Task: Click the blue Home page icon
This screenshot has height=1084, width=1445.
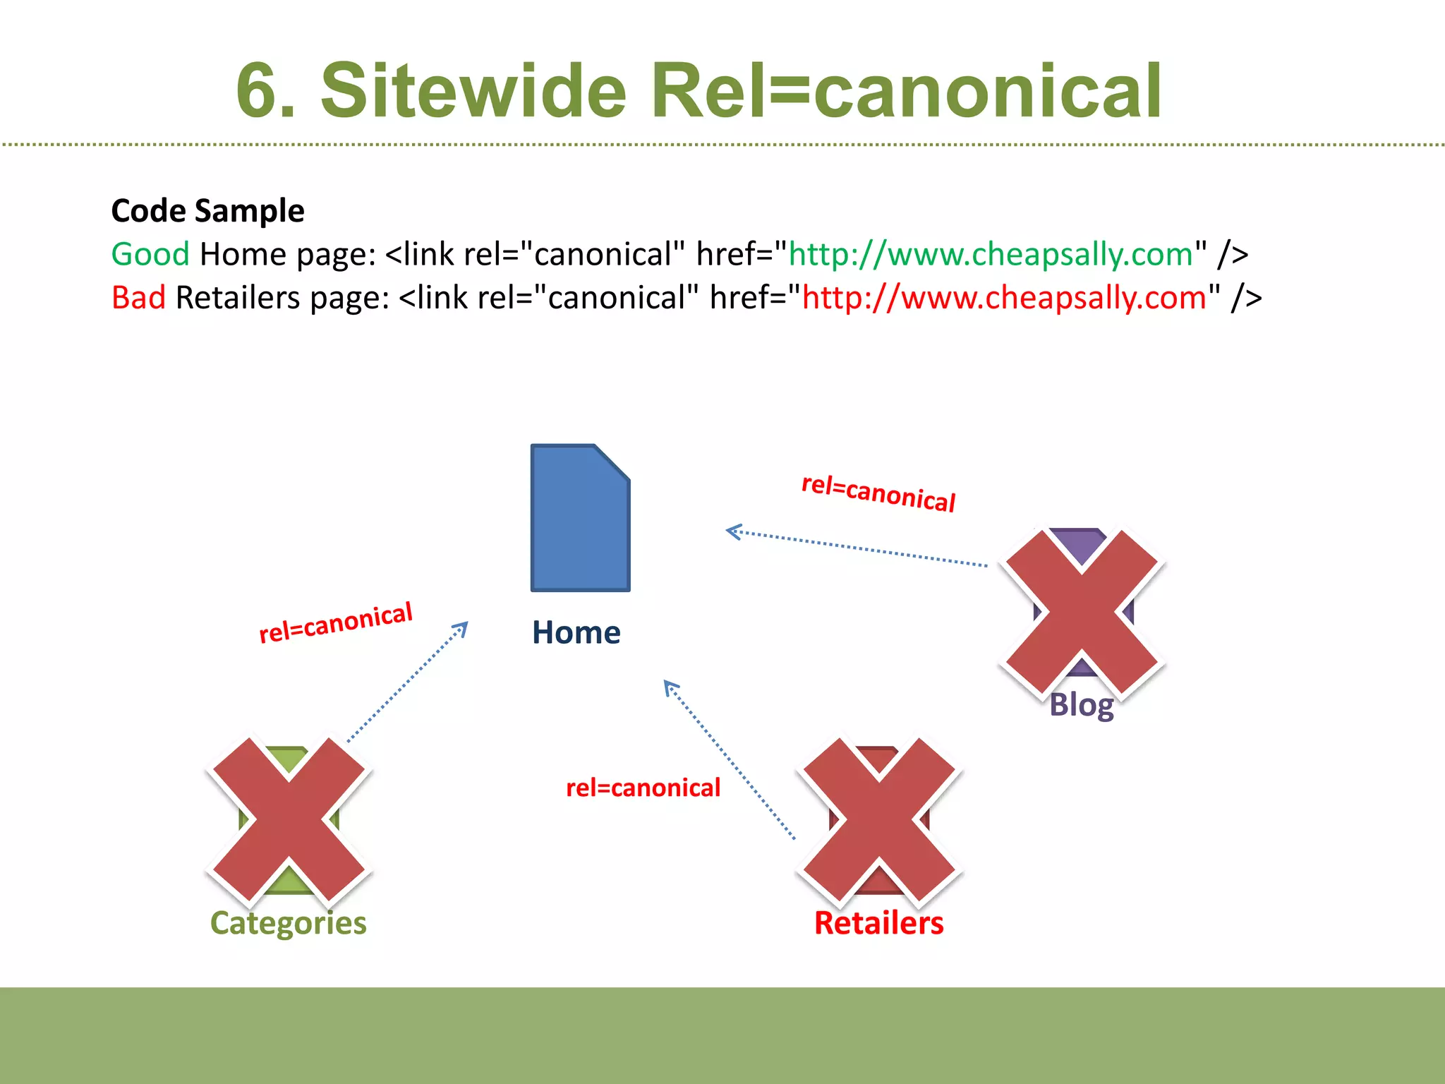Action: [x=580, y=519]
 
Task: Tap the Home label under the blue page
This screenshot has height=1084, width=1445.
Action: [x=576, y=632]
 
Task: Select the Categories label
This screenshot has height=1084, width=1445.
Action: [x=288, y=923]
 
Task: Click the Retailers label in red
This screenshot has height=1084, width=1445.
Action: [x=878, y=923]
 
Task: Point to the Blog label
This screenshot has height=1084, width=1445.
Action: [x=1081, y=705]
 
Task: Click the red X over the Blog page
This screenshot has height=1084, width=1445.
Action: [x=1082, y=611]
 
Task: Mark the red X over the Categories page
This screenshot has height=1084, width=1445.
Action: [x=289, y=821]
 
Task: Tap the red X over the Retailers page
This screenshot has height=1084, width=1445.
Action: [x=879, y=821]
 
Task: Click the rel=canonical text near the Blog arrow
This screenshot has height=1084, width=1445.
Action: [x=878, y=493]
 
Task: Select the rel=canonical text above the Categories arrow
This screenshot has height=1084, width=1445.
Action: [x=336, y=623]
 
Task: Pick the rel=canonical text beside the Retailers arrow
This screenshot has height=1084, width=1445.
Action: [x=643, y=788]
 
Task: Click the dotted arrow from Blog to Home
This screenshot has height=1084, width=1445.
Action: [x=857, y=548]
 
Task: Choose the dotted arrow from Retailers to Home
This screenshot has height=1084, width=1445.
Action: [x=730, y=760]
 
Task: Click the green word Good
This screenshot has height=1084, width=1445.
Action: [x=150, y=254]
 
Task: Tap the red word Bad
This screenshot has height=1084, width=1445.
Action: [x=138, y=298]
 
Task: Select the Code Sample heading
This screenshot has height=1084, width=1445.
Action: [x=207, y=211]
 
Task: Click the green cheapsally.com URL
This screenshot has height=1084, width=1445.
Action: [x=991, y=254]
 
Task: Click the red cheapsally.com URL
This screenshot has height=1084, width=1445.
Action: [x=1004, y=298]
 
